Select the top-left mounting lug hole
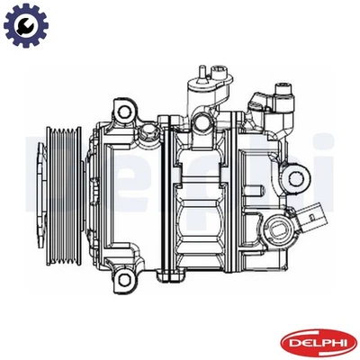tap(123, 112)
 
